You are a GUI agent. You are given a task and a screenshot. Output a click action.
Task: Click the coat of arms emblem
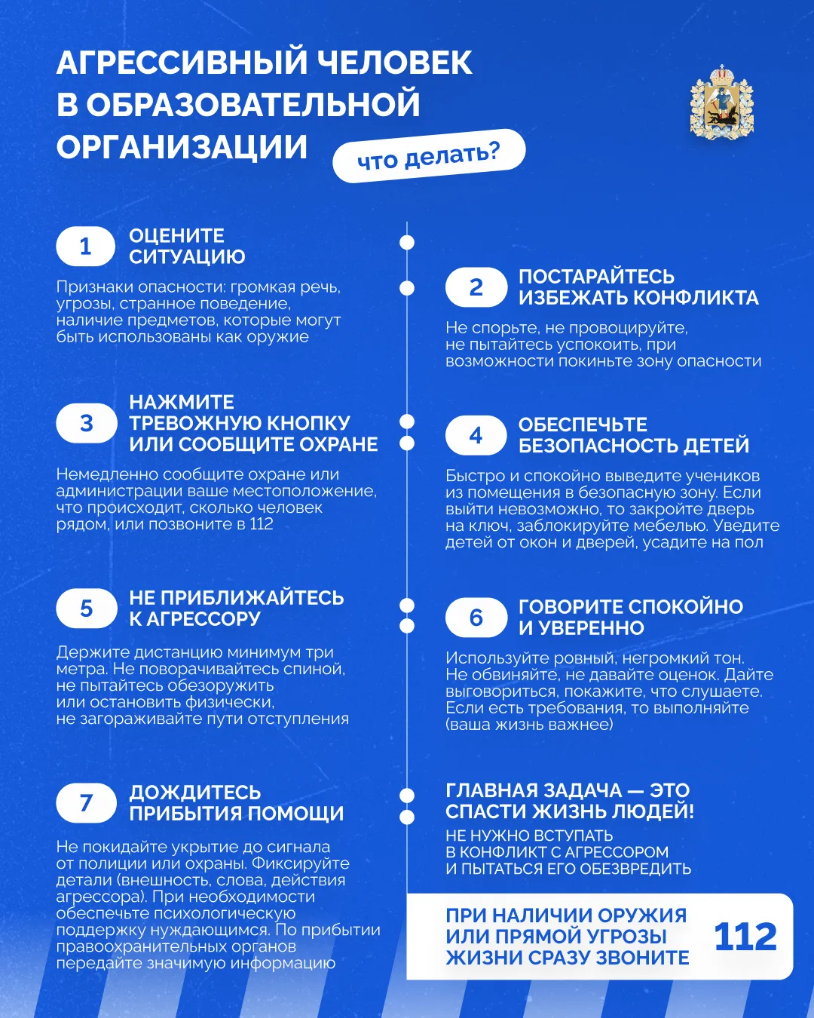point(721,103)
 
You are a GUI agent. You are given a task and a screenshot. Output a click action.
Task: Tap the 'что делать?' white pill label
point(428,156)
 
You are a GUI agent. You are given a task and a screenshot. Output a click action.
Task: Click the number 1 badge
point(85,247)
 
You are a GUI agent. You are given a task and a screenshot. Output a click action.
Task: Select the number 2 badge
point(476,287)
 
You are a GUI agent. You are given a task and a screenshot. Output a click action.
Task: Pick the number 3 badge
point(86,424)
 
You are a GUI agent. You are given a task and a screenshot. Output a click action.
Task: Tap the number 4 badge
point(476,436)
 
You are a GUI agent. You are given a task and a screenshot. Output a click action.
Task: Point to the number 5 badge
point(86,609)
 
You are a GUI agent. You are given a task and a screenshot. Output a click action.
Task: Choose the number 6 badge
point(476,618)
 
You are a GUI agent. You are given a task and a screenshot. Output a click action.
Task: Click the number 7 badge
point(86,803)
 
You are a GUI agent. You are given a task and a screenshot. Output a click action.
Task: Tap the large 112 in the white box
point(745,937)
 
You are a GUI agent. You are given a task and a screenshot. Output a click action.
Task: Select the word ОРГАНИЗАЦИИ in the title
point(182,147)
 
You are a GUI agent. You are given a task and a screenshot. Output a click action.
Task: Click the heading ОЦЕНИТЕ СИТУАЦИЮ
point(187,247)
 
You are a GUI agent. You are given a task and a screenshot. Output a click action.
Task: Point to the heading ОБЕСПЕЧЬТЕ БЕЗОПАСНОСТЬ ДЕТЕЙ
point(633,435)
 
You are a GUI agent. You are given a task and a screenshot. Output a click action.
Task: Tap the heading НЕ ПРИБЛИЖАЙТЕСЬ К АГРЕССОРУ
point(236,609)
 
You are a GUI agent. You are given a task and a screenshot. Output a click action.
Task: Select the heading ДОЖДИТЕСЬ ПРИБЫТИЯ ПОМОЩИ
point(236,803)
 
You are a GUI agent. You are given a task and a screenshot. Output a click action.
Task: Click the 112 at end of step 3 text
point(262,525)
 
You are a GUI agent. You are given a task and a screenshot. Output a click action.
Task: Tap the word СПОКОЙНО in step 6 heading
point(686,607)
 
